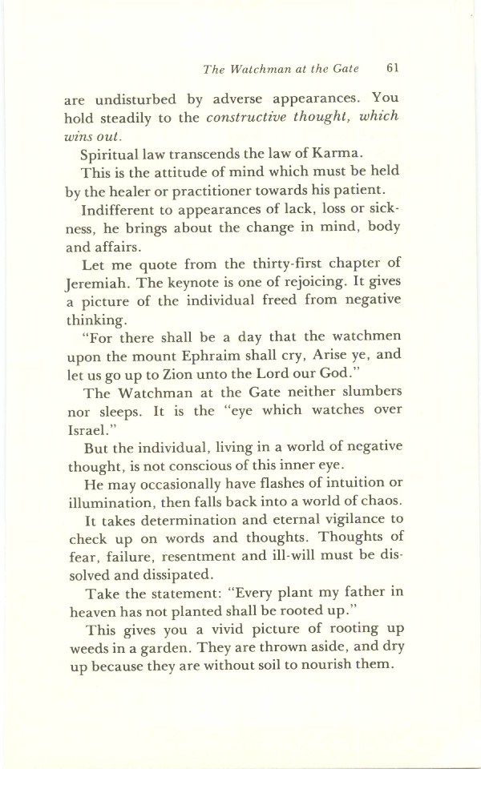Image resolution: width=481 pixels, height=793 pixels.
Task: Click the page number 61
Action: click(x=392, y=68)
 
